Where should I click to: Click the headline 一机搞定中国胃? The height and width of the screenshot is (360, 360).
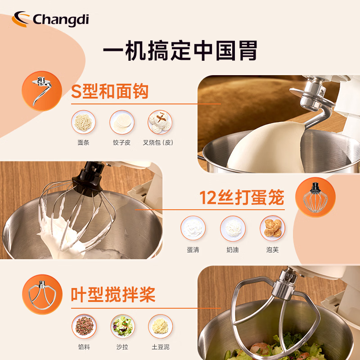click(180, 50)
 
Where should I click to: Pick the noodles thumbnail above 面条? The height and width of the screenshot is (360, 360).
click(83, 122)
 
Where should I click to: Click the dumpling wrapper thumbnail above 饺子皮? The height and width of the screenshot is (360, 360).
click(122, 122)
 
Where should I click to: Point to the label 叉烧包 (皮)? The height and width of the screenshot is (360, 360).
click(158, 143)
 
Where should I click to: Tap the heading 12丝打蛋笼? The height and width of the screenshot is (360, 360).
click(242, 198)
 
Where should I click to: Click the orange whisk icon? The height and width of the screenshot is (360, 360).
click(314, 197)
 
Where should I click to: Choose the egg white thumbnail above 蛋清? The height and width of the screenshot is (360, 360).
click(193, 228)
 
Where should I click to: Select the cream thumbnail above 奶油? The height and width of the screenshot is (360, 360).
click(233, 228)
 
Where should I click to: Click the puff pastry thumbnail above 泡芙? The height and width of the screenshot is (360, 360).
click(272, 228)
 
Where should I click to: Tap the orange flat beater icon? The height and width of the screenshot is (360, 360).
click(42, 295)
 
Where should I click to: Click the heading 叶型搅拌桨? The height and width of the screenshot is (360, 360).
click(113, 295)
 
